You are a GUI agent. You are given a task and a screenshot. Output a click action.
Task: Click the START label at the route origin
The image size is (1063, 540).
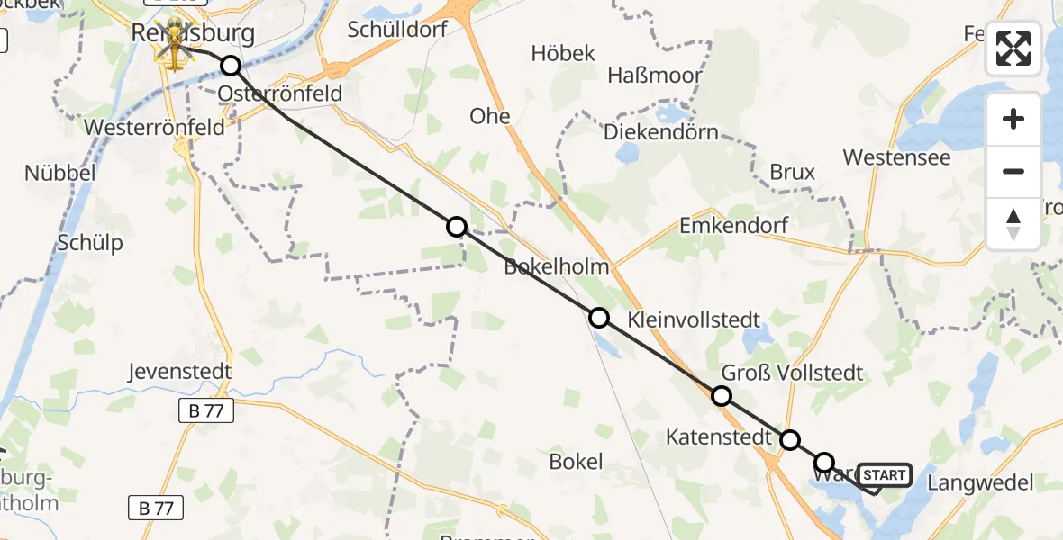(886, 475)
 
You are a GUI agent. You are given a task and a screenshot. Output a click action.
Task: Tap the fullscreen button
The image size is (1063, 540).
(1013, 49)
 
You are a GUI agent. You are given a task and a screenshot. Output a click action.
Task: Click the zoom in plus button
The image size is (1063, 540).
(1013, 119)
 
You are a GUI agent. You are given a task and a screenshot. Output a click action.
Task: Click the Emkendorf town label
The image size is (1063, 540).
(733, 225)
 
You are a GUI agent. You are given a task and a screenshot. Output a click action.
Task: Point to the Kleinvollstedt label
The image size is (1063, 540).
(693, 319)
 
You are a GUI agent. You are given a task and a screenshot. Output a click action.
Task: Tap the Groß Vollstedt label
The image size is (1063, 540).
(792, 373)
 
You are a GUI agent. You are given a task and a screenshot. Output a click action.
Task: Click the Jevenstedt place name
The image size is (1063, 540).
(180, 371)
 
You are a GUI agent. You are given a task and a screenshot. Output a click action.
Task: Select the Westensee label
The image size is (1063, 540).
(896, 157)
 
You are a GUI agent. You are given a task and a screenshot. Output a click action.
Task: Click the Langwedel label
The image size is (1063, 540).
(980, 482)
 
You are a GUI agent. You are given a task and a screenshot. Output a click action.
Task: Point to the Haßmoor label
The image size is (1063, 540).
(655, 75)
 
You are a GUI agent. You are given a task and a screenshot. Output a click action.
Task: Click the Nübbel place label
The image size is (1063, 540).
(59, 173)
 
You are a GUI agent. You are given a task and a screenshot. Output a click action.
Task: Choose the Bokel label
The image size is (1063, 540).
(576, 462)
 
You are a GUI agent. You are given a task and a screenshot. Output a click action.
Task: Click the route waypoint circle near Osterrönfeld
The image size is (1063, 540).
(231, 66)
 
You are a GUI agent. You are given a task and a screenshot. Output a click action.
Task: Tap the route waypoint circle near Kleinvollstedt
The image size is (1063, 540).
(599, 317)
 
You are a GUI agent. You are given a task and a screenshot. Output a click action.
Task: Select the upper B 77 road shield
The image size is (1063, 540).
(205, 411)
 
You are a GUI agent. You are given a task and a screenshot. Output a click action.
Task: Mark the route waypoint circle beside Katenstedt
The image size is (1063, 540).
(789, 440)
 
